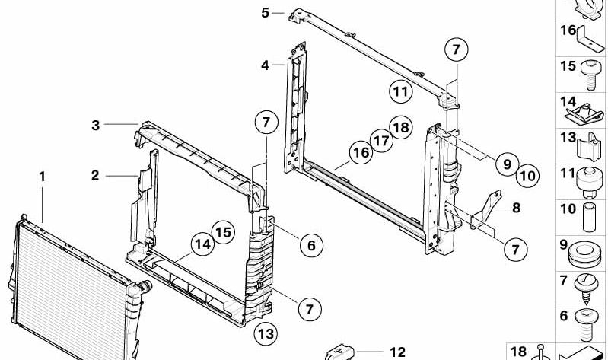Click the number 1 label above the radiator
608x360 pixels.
(x=42, y=177)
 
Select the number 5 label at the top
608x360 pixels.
(x=265, y=13)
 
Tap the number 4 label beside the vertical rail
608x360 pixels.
(x=265, y=65)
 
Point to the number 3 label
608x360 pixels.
(x=95, y=126)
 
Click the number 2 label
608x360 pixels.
(x=95, y=175)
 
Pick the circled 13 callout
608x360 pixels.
(x=266, y=333)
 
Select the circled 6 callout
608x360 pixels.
(x=311, y=245)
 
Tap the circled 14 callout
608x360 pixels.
(x=203, y=244)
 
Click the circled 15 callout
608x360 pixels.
(x=223, y=232)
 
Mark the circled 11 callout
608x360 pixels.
(x=400, y=91)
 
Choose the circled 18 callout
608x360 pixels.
(x=401, y=127)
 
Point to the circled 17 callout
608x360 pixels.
(x=381, y=141)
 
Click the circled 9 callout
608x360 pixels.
(x=508, y=164)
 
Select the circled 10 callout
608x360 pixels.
(x=527, y=176)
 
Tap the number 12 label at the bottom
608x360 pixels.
(x=397, y=352)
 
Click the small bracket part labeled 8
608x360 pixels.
(x=485, y=209)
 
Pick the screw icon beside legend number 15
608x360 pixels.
(x=590, y=75)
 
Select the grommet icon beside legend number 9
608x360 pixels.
(x=585, y=254)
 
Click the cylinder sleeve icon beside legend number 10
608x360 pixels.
(x=589, y=217)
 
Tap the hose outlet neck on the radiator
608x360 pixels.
(x=145, y=286)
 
